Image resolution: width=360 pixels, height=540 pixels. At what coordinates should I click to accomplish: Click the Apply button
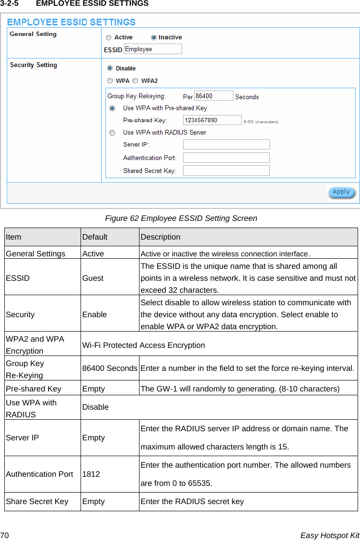341,192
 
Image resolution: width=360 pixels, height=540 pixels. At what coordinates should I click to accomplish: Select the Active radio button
109,37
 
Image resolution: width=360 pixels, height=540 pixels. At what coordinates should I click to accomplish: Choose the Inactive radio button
154,37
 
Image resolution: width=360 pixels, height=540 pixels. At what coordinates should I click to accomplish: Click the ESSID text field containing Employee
152,49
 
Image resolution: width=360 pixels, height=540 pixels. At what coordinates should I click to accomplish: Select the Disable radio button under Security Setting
110,69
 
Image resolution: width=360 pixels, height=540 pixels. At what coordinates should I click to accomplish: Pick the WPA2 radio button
135,81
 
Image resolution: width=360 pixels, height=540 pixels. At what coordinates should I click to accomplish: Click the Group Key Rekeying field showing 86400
213,96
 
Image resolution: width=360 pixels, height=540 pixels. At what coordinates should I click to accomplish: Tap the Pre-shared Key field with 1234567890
212,120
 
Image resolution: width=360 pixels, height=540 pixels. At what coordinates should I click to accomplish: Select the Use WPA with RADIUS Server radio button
112,133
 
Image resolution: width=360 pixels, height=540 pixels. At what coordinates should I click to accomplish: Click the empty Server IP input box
226,145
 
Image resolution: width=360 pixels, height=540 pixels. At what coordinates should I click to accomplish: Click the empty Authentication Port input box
226,158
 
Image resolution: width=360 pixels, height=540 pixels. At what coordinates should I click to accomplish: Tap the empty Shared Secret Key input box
226,171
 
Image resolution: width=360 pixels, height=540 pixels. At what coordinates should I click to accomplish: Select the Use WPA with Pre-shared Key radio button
112,109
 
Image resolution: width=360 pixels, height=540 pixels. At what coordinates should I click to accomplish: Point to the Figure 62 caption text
181,218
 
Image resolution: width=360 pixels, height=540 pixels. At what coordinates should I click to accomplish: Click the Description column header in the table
161,237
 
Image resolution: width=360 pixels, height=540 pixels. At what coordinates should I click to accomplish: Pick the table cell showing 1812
91,474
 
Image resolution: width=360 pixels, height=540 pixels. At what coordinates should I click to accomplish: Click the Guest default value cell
93,278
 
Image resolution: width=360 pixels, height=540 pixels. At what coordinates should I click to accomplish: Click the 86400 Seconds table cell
110,368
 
